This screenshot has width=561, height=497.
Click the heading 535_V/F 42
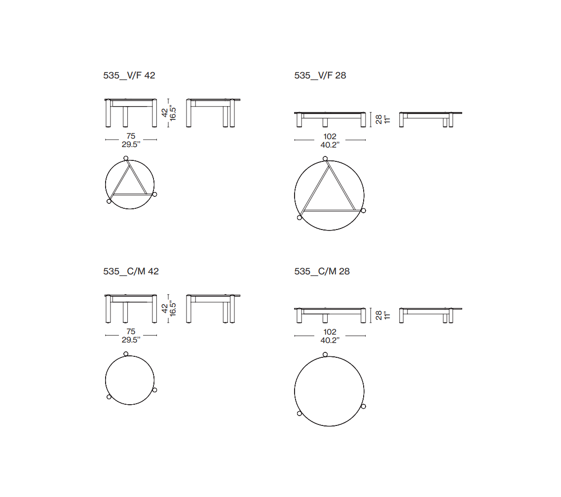129,76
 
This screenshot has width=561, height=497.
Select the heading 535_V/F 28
320,76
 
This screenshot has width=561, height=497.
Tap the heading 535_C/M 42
131,271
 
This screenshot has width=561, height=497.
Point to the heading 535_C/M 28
322,271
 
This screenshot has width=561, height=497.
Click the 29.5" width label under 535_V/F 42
131,145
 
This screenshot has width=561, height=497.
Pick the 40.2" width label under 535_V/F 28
330,145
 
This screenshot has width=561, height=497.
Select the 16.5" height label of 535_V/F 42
173,113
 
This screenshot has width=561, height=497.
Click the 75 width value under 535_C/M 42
131,332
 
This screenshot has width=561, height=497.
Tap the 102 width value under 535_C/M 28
330,332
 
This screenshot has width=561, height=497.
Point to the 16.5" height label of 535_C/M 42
173,308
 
